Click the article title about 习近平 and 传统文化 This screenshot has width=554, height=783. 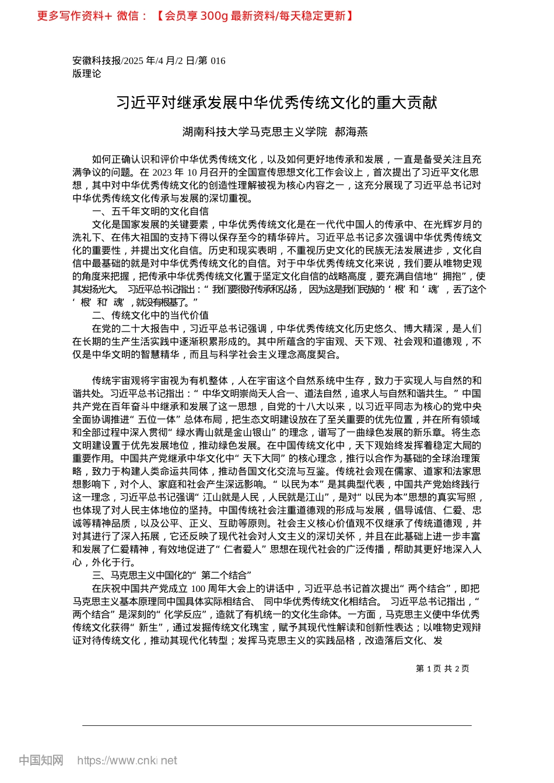pos(276,103)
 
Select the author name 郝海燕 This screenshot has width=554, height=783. pos(351,132)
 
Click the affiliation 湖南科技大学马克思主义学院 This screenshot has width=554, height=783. pos(255,132)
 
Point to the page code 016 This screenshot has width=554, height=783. pos(218,61)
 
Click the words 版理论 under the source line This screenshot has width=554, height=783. pos(86,73)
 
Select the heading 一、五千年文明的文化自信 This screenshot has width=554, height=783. pos(150,211)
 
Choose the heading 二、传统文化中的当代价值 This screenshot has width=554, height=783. pos(150,315)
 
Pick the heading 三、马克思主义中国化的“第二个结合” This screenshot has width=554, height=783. pos(171,576)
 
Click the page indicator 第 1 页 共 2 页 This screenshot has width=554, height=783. pos(442,668)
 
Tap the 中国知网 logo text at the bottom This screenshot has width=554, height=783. pos(41,760)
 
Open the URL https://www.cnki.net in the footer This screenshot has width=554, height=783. pos(127,760)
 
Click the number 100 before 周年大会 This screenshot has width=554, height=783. pos(198,588)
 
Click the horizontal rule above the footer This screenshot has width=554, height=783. pos(276,725)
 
